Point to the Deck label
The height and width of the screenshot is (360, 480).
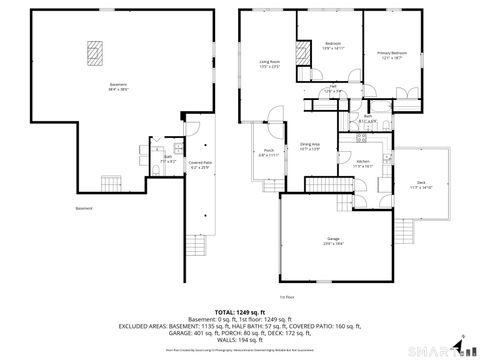pyautogui.click(x=420, y=184)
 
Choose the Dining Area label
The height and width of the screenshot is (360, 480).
pyautogui.click(x=310, y=147)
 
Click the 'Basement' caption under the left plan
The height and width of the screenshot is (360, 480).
pyautogui.click(x=83, y=208)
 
